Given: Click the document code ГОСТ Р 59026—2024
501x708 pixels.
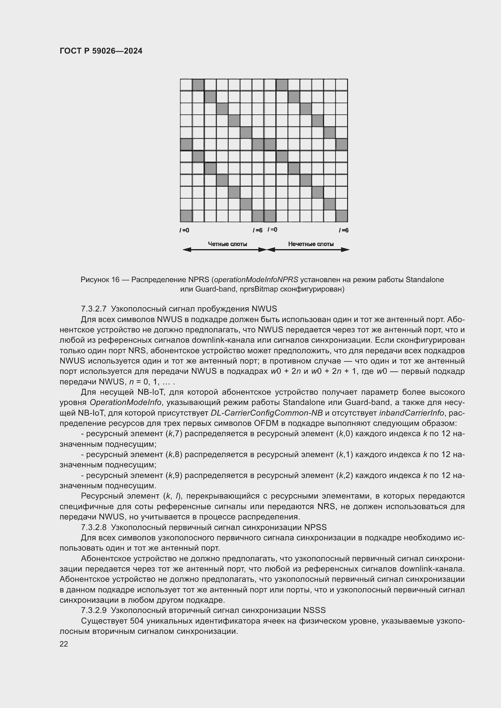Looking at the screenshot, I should (101, 51).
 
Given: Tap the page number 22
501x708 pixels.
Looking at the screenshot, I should (64, 644).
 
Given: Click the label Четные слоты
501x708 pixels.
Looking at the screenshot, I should (227, 244).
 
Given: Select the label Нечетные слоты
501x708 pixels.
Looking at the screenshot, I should (311, 244).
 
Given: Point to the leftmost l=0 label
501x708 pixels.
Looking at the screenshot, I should (184, 230).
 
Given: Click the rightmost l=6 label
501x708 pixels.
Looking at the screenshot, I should (343, 230).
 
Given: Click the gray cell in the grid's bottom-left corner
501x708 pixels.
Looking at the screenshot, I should (186, 216).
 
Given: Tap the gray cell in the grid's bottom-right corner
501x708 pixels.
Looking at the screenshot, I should (341, 216).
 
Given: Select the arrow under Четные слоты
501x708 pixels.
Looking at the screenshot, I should (224, 250).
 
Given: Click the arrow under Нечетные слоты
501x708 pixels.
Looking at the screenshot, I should (308, 250).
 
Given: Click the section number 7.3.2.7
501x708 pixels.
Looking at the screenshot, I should (94, 309).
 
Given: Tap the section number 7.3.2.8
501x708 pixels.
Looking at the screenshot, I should (94, 527).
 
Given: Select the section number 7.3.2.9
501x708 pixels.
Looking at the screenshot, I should (94, 610).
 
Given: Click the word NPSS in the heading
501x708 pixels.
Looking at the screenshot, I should (315, 527).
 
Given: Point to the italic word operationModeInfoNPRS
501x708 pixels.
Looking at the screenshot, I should (256, 280).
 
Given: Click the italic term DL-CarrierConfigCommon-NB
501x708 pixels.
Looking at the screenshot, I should (267, 413).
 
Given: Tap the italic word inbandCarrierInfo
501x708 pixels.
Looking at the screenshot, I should (411, 413).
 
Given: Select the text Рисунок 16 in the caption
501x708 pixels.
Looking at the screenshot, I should (100, 280).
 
